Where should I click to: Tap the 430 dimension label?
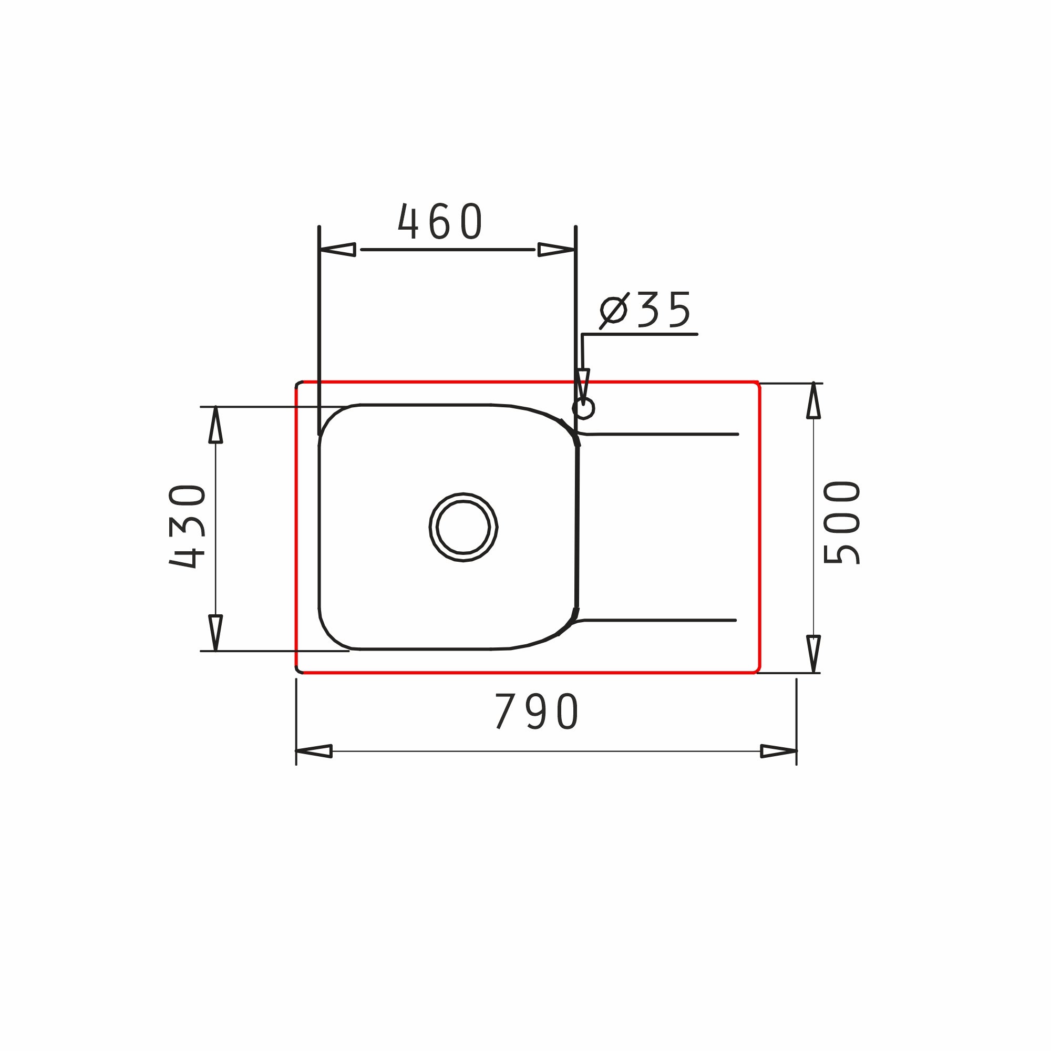tap(187, 526)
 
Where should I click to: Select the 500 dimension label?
tap(841, 523)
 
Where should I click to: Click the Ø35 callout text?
tap(645, 310)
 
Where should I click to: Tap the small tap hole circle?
tap(583, 408)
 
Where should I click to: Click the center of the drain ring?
tap(463, 527)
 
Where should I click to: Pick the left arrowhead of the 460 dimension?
tap(337, 250)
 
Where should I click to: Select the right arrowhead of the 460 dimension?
tap(557, 250)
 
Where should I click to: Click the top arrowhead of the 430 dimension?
tap(215, 425)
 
